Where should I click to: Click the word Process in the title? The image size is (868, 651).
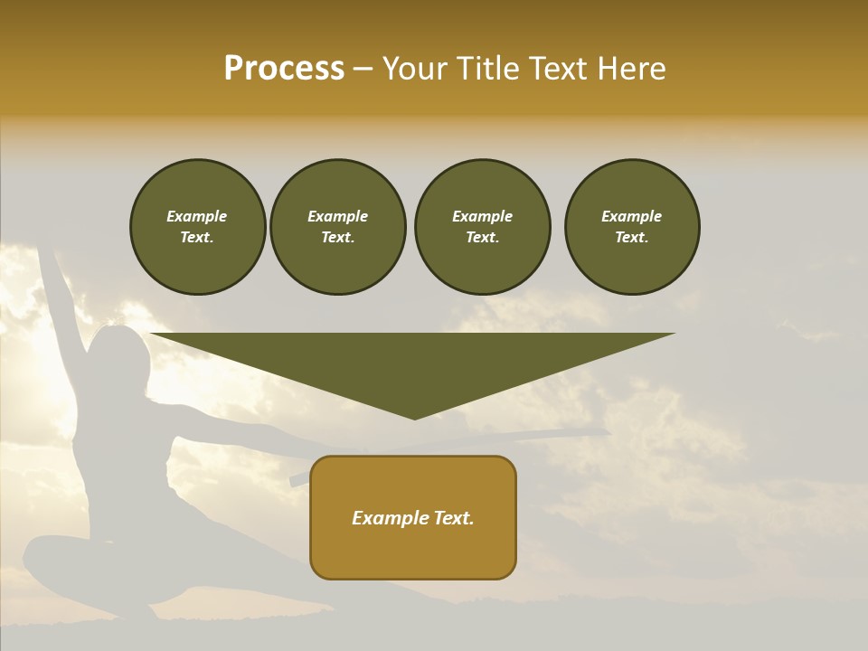(x=284, y=69)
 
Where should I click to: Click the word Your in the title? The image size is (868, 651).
(x=417, y=69)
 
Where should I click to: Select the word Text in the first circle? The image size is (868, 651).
(x=195, y=238)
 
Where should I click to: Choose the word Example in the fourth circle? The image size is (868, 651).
(x=631, y=216)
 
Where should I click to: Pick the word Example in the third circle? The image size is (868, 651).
(x=482, y=216)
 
